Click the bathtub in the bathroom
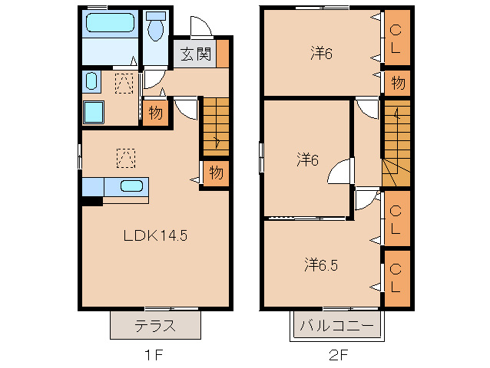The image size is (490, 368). [110, 22]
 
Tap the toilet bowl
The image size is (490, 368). [156, 27]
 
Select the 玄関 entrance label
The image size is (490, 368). [196, 54]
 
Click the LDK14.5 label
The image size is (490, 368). [155, 235]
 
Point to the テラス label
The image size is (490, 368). [155, 326]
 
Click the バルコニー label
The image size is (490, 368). [337, 326]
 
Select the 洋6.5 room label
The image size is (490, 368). [321, 265]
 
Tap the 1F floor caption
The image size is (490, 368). [154, 355]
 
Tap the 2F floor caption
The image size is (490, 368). [339, 355]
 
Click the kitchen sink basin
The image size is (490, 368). [132, 186]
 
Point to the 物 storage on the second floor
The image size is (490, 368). [397, 83]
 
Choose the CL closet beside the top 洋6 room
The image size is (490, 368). [397, 38]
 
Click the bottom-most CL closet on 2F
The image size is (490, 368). [397, 278]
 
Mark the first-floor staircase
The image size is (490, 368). [216, 127]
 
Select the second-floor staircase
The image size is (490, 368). [396, 143]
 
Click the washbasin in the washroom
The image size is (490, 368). [91, 80]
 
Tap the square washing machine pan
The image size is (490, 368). [94, 112]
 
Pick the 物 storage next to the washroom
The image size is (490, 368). [155, 113]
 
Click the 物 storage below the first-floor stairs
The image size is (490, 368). [217, 172]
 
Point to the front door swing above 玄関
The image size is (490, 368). [201, 26]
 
